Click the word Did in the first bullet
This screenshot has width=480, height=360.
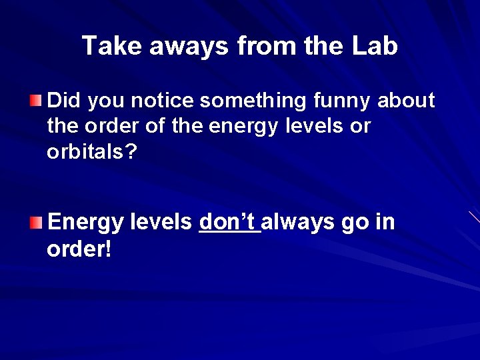(64, 101)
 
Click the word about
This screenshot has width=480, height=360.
(407, 101)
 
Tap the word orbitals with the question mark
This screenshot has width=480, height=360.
(92, 152)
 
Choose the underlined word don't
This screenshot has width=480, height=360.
(229, 221)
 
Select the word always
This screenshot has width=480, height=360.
(299, 221)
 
